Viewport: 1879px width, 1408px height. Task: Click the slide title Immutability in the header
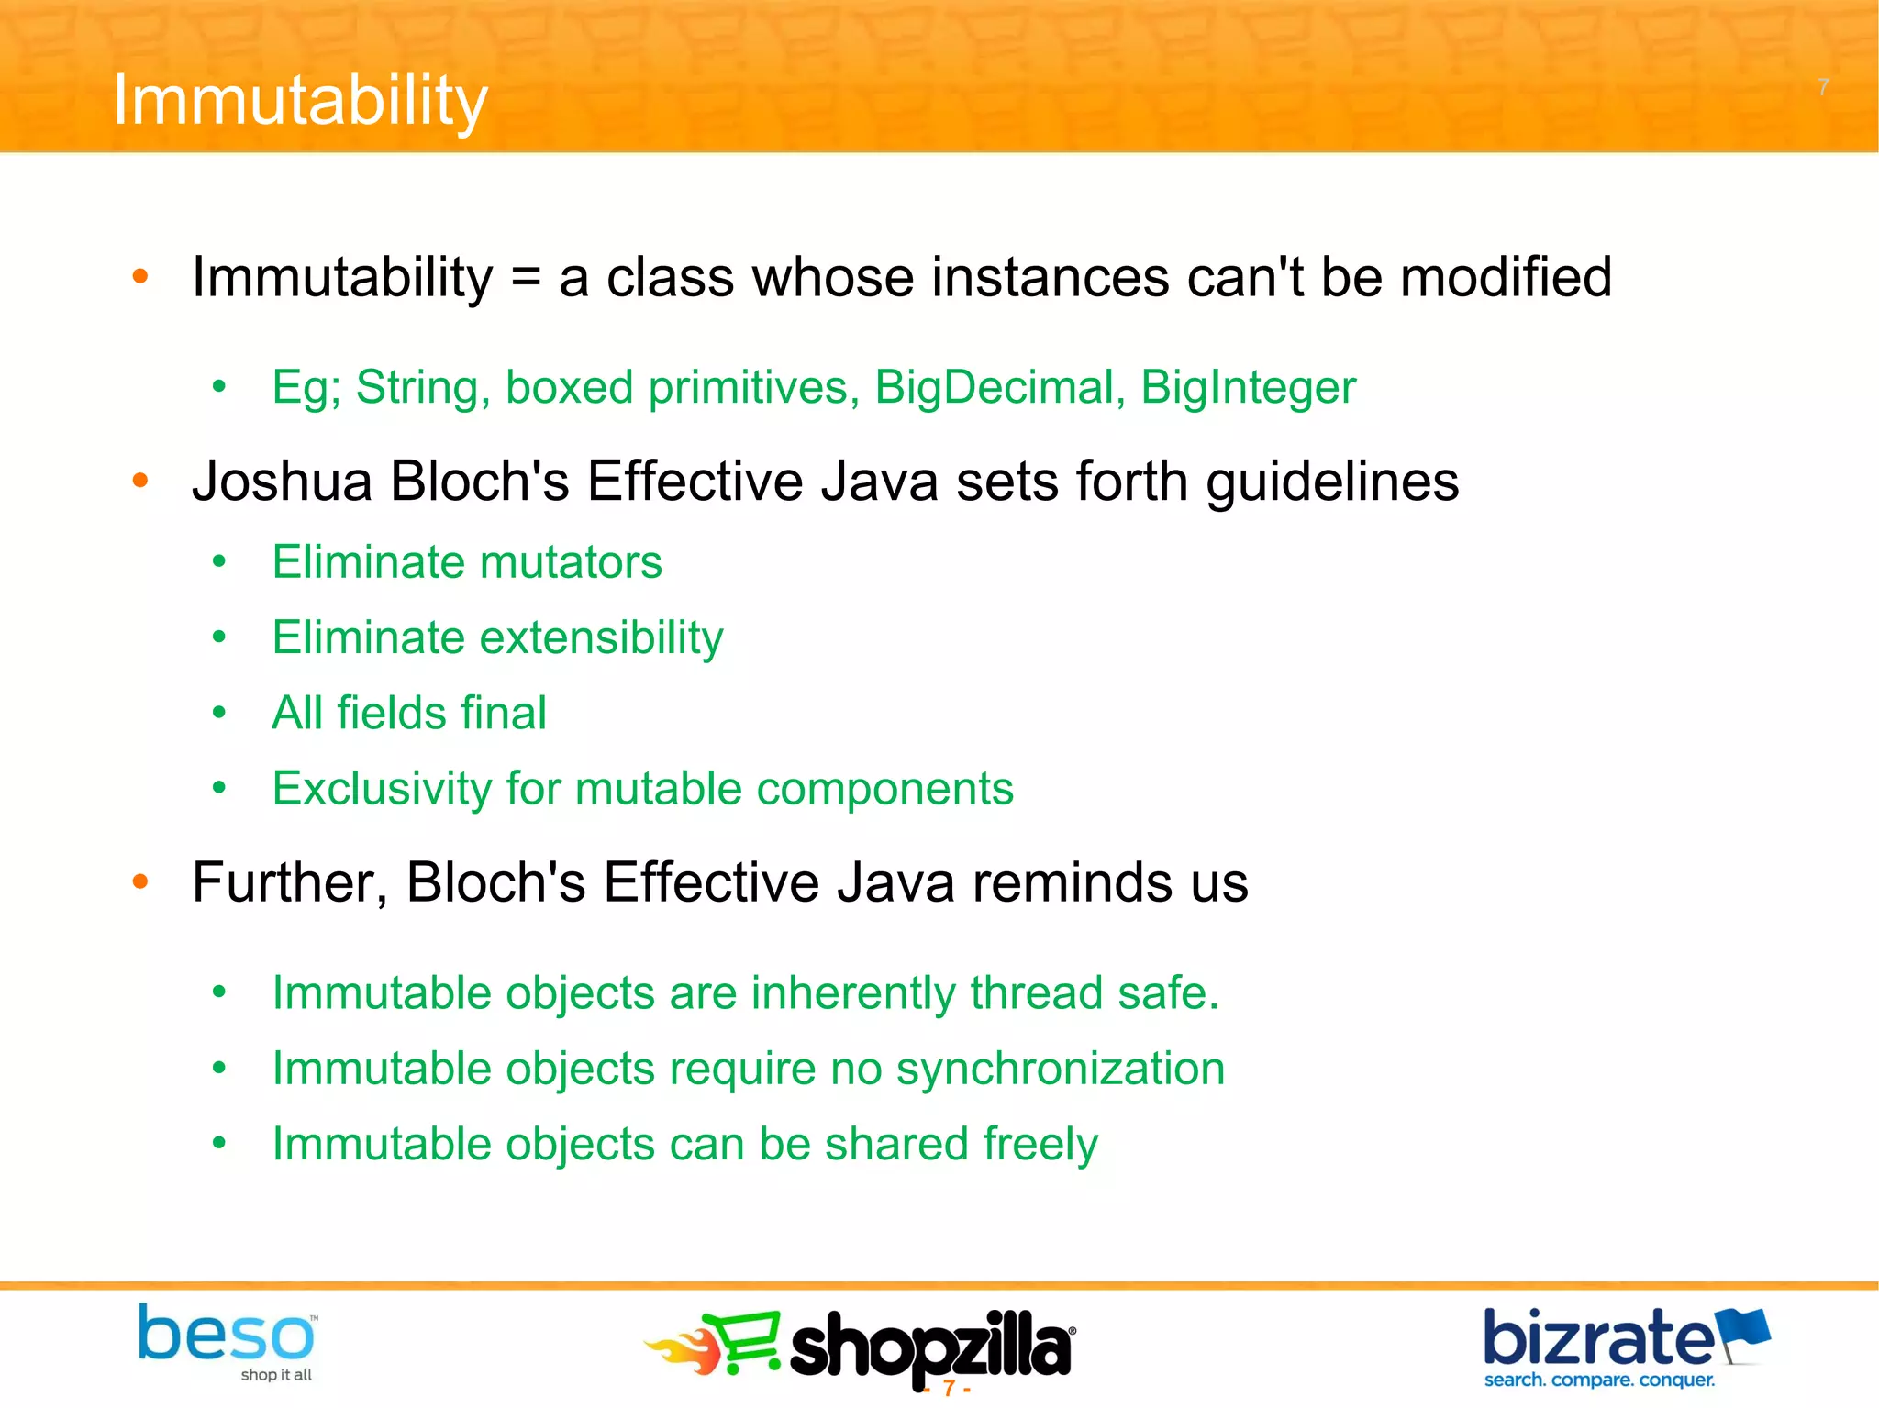[299, 101]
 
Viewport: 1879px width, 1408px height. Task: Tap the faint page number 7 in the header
[1823, 87]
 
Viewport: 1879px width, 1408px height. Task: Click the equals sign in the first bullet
[526, 278]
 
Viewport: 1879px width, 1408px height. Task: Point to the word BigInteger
[1248, 387]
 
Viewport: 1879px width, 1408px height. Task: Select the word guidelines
[1332, 482]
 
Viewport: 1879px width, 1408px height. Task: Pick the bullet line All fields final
[409, 713]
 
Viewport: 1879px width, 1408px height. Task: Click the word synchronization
[1060, 1070]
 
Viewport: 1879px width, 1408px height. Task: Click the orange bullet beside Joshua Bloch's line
[139, 481]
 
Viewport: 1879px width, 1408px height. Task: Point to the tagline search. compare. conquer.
[1599, 1380]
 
